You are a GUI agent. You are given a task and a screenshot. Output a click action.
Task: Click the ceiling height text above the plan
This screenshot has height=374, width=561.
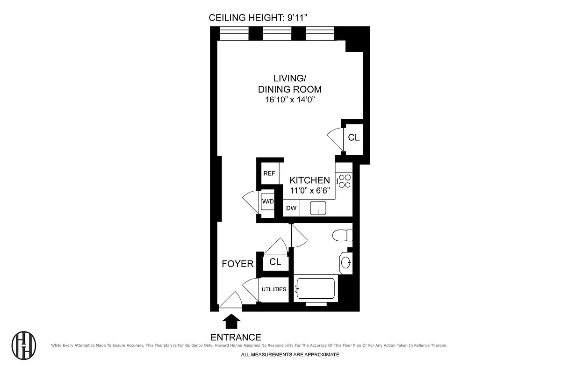260,18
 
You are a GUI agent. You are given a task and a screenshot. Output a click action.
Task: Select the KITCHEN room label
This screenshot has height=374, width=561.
309,180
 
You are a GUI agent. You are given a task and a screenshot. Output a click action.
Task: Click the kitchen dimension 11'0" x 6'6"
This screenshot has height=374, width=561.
309,190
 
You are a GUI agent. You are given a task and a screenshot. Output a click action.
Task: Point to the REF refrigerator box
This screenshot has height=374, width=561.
269,173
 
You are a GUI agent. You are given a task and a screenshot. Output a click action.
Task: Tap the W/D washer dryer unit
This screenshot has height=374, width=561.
267,202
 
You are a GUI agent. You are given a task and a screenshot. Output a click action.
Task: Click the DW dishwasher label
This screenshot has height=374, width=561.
291,209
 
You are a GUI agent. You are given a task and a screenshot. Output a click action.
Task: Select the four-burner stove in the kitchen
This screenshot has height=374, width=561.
345,181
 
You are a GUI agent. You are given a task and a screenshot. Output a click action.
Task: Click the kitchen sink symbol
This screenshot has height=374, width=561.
318,209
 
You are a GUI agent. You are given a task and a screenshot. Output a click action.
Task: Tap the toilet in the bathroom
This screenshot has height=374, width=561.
341,235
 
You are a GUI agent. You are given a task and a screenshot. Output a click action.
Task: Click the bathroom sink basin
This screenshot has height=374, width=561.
346,263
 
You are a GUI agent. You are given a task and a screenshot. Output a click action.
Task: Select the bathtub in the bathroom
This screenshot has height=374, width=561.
316,288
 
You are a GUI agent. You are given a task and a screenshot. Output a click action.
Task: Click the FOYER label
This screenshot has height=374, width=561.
237,264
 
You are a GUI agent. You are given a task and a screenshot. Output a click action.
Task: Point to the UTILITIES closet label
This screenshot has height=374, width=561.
274,289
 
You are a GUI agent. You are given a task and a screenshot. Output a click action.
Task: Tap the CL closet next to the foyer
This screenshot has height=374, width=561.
275,262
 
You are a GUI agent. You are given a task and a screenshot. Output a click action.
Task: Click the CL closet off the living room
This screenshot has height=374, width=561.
354,137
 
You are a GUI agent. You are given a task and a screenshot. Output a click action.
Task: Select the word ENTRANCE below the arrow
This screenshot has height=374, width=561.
236,337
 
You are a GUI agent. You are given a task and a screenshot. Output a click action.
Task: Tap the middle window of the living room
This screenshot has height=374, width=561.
277,34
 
